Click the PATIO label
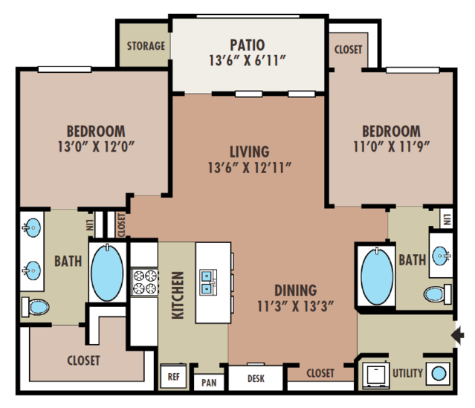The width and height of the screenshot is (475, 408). (248, 45)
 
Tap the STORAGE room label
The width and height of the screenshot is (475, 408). (146, 46)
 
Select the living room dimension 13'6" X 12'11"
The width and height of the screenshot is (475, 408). (249, 168)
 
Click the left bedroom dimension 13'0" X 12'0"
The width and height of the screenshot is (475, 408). (96, 146)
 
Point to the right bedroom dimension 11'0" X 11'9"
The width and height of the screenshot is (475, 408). (392, 146)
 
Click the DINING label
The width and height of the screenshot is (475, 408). (296, 290)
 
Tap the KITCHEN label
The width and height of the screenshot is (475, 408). (178, 295)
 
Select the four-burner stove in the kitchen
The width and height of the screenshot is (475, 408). (144, 282)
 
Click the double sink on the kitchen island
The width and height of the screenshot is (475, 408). (208, 282)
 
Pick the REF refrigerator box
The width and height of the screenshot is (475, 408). (174, 376)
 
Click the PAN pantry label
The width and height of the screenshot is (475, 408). (209, 383)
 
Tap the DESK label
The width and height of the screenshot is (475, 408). (256, 378)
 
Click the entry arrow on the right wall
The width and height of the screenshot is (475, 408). (457, 335)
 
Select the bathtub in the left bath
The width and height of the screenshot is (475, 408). (107, 273)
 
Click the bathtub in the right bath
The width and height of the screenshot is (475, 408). (377, 277)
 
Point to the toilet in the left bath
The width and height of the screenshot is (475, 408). (35, 307)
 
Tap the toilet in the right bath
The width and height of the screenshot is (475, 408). (437, 294)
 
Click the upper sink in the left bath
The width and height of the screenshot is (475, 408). (31, 227)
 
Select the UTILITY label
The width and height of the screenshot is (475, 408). (407, 373)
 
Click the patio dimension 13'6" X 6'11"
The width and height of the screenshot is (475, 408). (248, 61)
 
